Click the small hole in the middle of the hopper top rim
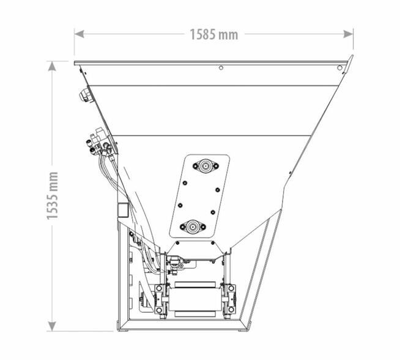(x=220, y=68)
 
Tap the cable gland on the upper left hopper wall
(x=83, y=95)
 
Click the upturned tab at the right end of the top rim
(x=350, y=59)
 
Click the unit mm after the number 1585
(x=228, y=34)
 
